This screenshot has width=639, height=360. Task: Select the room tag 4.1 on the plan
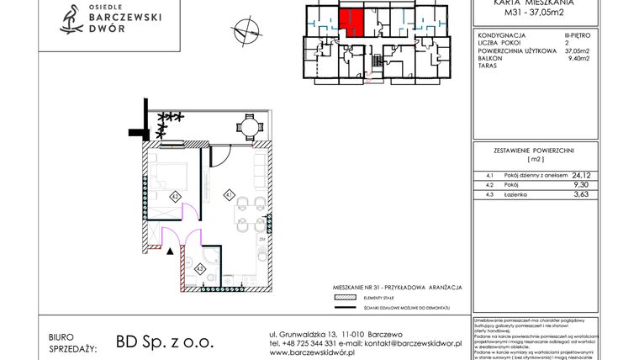228,195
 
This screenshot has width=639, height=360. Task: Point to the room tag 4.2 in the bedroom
174,196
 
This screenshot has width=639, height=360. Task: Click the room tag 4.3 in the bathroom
200,267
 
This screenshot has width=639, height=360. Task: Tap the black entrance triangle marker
171,250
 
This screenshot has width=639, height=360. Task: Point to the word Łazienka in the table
515,195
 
